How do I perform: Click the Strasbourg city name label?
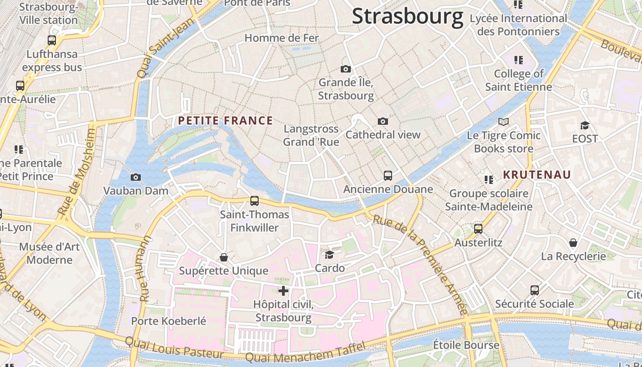tap(407, 17)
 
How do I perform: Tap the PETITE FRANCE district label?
tap(225, 121)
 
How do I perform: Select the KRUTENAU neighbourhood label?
tap(537, 174)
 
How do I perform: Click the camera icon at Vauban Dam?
tap(136, 177)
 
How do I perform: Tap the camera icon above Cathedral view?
tap(383, 121)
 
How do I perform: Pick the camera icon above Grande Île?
tap(346, 69)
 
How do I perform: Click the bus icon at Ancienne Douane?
tap(388, 175)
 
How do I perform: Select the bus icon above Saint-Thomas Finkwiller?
tap(255, 200)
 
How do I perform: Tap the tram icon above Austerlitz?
tap(478, 228)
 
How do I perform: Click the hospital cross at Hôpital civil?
tap(283, 290)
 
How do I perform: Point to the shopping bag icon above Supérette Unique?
tap(224, 257)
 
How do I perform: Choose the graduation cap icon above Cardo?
tap(330, 255)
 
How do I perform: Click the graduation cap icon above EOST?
tap(585, 125)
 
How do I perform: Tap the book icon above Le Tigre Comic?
tap(504, 122)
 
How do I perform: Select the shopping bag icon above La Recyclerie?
tap(573, 242)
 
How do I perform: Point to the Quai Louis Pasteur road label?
tap(174, 347)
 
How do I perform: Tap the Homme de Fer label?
tap(282, 38)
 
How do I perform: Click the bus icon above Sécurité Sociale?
tap(535, 290)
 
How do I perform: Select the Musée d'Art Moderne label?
tap(50, 253)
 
